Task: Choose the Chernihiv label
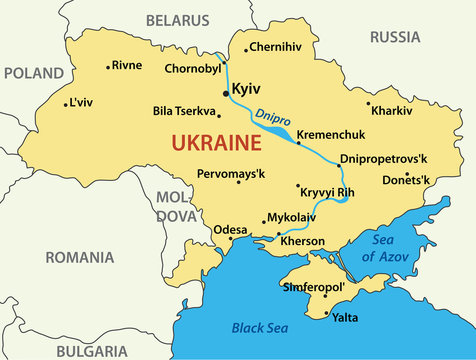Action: [274, 46]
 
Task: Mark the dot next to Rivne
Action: [108, 67]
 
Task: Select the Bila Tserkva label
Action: [184, 111]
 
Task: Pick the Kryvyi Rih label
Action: [328, 191]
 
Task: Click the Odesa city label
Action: [229, 228]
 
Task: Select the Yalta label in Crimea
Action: [345, 317]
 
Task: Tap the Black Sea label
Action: [259, 327]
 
